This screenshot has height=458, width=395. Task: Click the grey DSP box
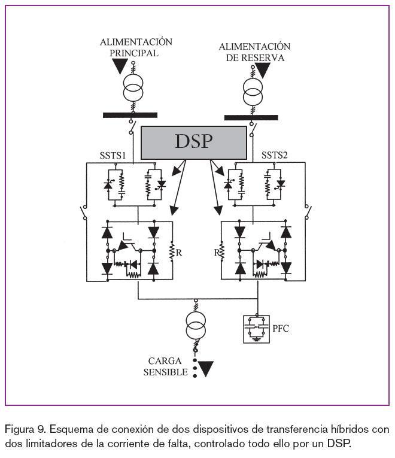[x=193, y=142]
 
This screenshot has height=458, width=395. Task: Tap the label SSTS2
[x=275, y=156]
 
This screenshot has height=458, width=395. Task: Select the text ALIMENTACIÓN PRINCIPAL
[x=136, y=47]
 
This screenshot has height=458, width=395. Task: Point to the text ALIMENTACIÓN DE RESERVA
[x=254, y=52]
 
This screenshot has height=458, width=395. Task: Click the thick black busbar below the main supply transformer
[x=130, y=115]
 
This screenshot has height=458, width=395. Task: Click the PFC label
[x=281, y=328]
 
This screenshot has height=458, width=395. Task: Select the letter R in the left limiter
[x=179, y=253]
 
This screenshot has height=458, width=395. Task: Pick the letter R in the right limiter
[x=215, y=253]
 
